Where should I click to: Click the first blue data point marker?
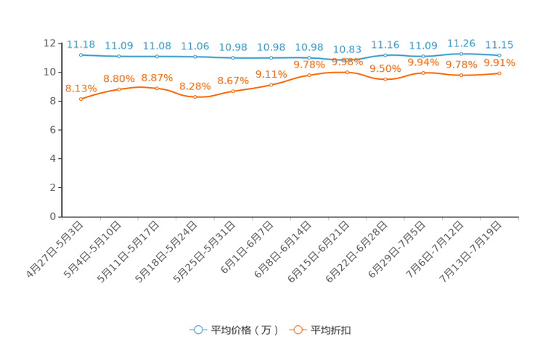81,54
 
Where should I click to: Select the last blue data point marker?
499,54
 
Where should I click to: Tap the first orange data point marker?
81,99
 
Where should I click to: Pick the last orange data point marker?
499,73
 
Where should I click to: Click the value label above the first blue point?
81,44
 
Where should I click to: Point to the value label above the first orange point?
81,89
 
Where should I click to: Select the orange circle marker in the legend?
298,330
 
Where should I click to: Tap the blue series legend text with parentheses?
245,330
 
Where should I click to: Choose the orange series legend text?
332,330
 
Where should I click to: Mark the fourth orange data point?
195,97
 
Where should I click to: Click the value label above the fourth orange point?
195,86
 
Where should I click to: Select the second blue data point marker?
119,56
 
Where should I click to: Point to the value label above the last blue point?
499,44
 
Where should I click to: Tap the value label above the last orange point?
499,62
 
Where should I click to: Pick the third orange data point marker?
157,88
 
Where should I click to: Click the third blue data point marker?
157,56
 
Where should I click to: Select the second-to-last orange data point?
462,75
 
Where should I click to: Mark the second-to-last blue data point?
462,54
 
